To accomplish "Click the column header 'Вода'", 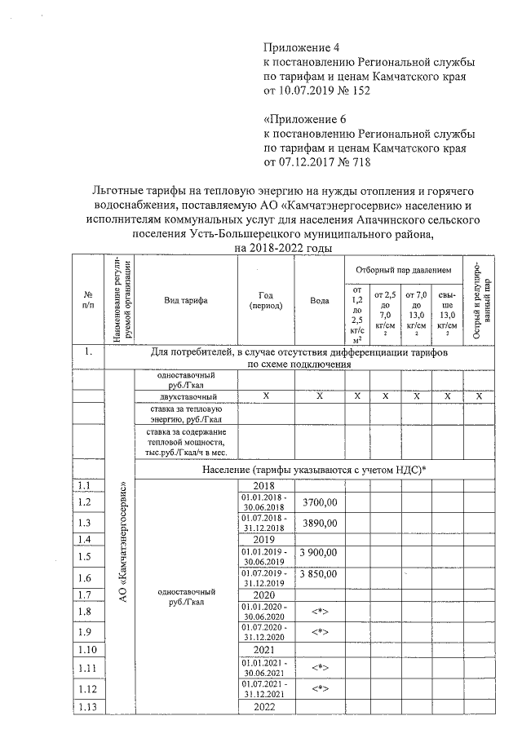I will [320, 300].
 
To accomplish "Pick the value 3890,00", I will [320, 522].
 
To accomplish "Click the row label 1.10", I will [88, 650].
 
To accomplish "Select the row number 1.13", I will [88, 706].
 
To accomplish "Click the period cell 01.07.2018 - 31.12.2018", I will [265, 522].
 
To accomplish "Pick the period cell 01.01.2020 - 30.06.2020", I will [265, 611].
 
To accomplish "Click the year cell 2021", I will [265, 650].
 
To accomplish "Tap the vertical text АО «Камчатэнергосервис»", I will [122, 542].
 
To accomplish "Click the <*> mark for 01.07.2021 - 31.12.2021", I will [320, 688].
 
